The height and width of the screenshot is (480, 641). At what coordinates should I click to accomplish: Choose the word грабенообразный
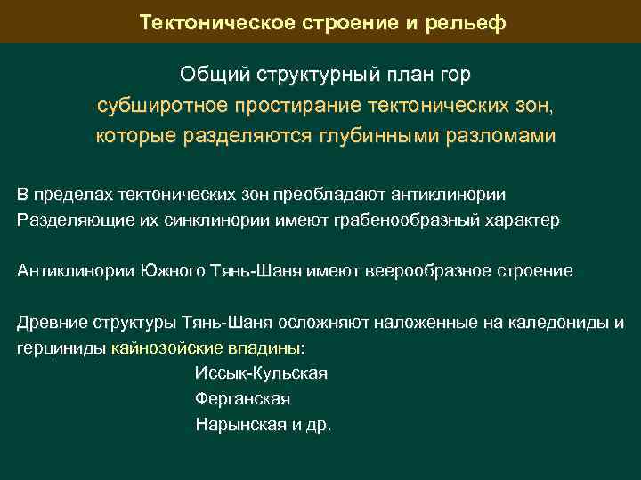point(418,220)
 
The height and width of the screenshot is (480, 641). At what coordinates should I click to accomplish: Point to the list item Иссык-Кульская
point(261,373)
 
